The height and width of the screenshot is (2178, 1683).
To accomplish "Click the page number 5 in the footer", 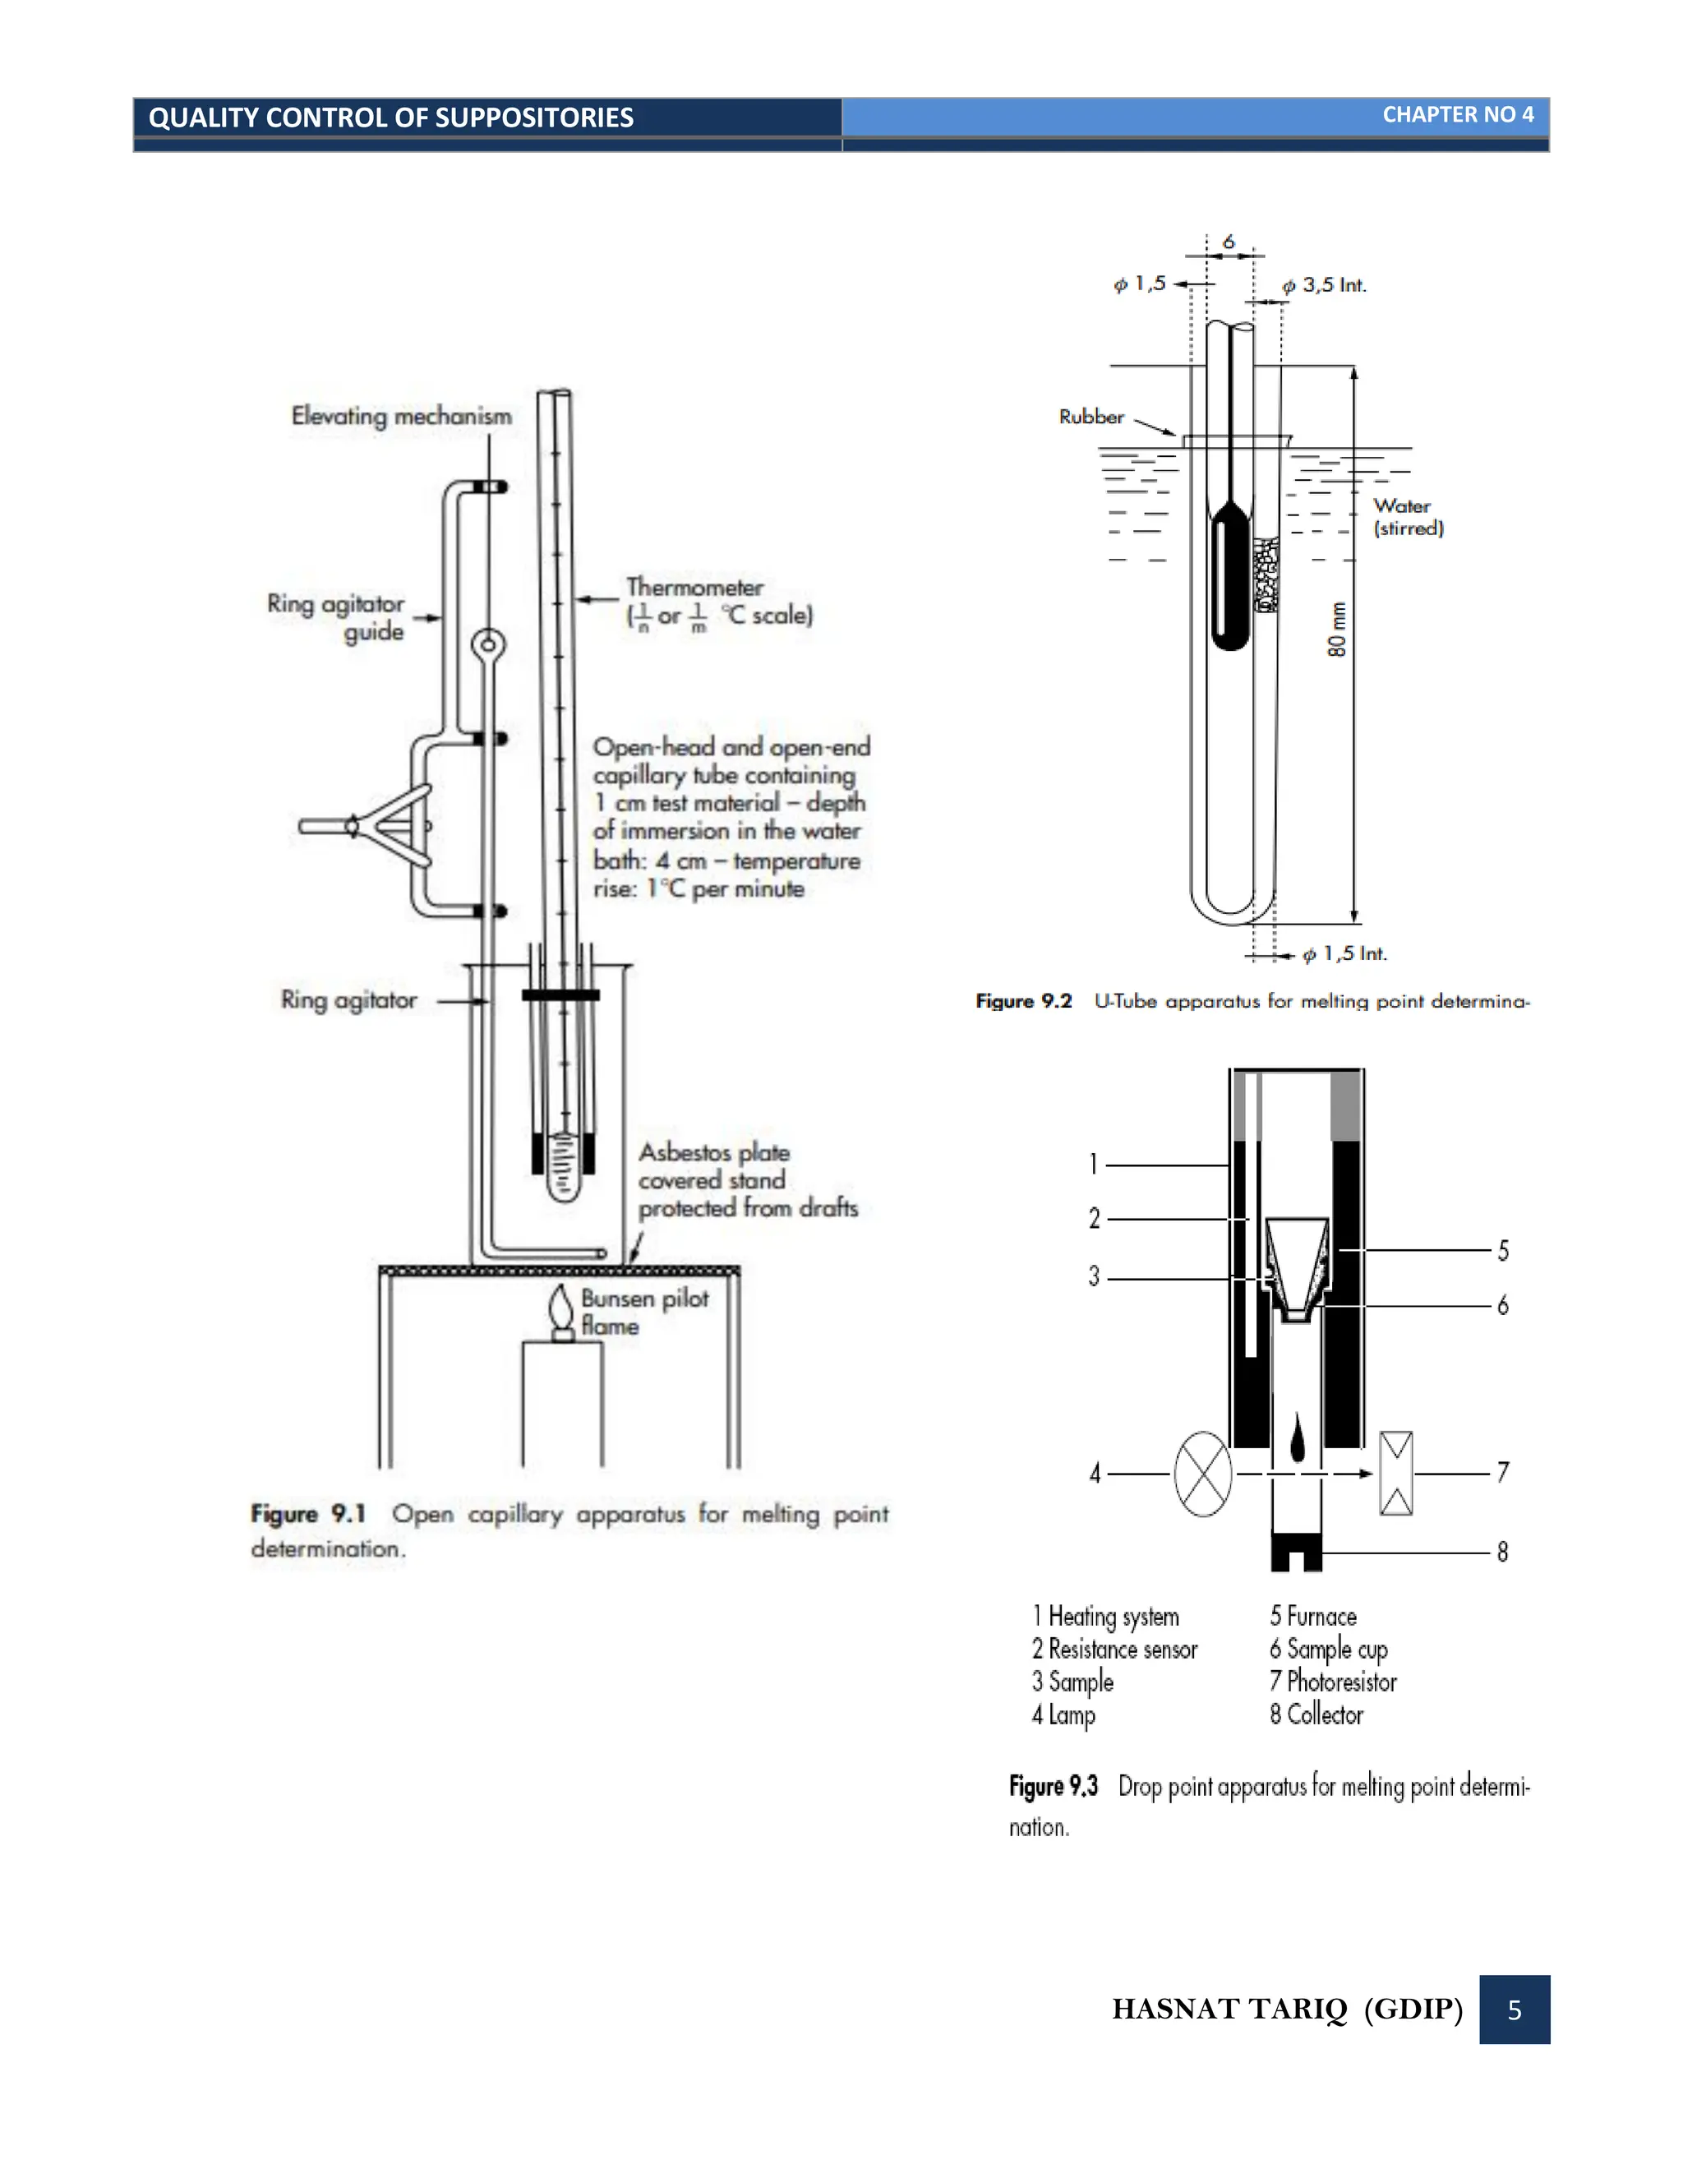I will tap(1514, 2010).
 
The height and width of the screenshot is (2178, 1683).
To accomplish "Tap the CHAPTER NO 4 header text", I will tap(1457, 115).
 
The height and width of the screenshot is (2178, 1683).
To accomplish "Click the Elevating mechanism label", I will tap(401, 416).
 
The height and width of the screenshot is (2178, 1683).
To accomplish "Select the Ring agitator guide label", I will tap(336, 617).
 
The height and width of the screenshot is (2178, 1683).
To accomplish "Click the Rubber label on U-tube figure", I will tap(1090, 417).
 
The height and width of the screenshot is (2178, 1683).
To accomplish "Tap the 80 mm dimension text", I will tap(1337, 630).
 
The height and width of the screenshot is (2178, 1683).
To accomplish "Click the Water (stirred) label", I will tap(1408, 517).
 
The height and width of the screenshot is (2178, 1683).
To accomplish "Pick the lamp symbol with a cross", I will tap(1203, 1474).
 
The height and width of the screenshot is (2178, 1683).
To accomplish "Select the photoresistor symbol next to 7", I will tap(1396, 1473).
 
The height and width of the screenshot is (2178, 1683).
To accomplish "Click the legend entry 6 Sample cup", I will tap(1328, 1650).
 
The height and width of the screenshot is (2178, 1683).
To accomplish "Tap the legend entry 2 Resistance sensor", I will tap(1114, 1650).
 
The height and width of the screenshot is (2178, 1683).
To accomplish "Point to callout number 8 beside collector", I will tap(1502, 1552).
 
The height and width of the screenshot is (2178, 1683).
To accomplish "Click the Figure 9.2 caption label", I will tap(1023, 1000).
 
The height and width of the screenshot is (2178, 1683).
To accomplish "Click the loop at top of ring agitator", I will tap(489, 644).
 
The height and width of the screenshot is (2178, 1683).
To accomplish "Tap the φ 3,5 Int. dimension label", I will tap(1324, 285).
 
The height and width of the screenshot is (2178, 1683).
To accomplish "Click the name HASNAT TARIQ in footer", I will tap(1229, 2010).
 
